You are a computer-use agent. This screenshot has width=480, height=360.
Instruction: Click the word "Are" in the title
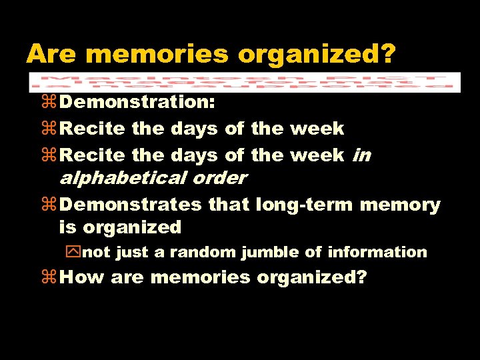click(52, 53)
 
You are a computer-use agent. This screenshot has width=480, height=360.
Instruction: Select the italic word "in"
click(361, 155)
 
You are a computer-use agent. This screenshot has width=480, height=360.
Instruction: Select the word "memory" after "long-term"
click(400, 204)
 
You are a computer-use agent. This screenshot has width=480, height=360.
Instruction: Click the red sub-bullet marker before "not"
click(71, 253)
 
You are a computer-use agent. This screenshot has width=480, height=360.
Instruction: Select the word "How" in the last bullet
click(82, 277)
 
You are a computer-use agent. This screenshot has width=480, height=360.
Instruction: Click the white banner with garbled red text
click(244, 81)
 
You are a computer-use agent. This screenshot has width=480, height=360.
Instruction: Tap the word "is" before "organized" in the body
click(67, 227)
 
